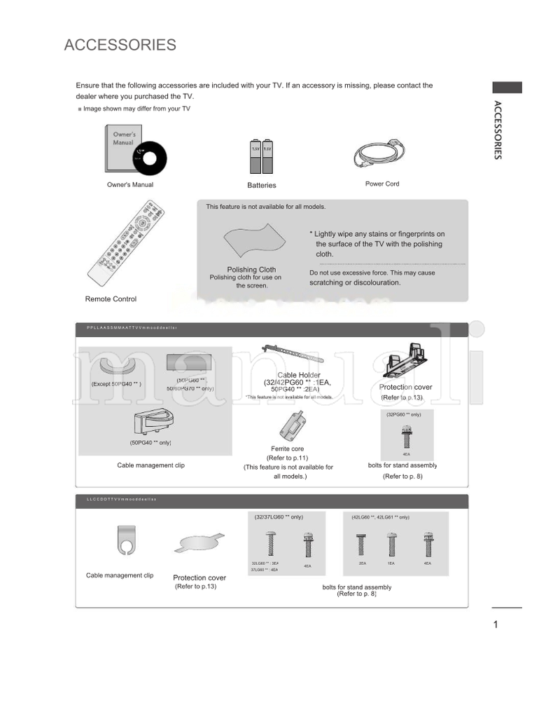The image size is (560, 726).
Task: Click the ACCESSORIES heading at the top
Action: point(120,46)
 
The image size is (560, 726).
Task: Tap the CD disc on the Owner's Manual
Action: point(149,160)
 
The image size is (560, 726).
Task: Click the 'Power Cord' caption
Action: point(382,184)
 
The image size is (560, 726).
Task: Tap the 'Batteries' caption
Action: point(261,186)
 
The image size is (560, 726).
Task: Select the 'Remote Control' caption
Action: point(111,299)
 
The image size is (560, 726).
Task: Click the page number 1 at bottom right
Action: point(495,625)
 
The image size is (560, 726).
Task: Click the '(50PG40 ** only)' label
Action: point(150,443)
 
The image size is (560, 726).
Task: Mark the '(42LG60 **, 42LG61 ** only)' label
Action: point(381,517)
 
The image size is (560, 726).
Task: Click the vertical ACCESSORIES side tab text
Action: point(497,130)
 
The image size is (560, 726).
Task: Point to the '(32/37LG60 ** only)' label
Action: point(279,516)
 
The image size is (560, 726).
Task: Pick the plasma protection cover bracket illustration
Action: point(407,358)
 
